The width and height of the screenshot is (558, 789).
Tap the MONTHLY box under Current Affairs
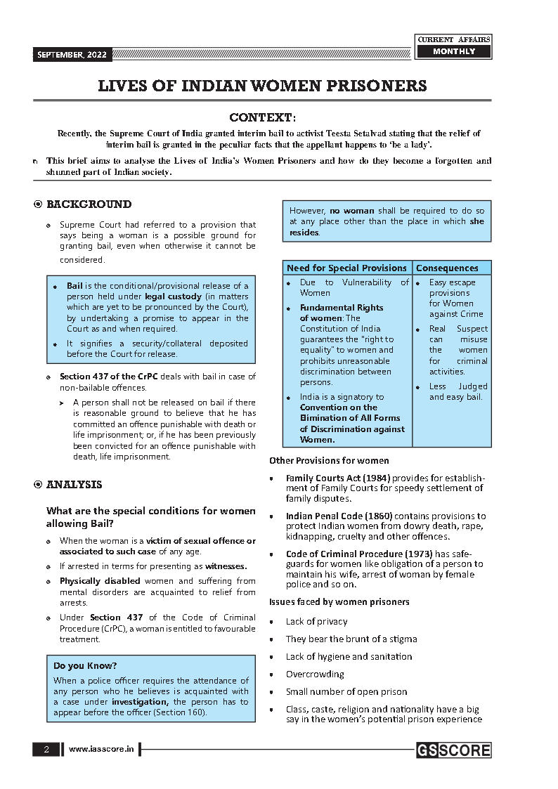(x=453, y=52)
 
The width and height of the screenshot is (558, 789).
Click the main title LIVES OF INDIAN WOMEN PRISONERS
(x=262, y=86)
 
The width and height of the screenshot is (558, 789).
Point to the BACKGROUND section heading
(x=89, y=204)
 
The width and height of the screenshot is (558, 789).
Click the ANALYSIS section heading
(x=74, y=485)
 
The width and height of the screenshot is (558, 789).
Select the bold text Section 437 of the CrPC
(x=108, y=377)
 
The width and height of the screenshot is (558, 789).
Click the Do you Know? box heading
(x=85, y=665)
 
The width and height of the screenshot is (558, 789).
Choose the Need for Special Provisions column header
(x=346, y=268)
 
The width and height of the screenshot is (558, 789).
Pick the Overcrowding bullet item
(x=315, y=674)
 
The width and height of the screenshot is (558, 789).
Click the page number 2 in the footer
(x=46, y=750)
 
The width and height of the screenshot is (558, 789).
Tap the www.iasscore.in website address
(x=101, y=750)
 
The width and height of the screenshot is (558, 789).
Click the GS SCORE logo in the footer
(x=453, y=750)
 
